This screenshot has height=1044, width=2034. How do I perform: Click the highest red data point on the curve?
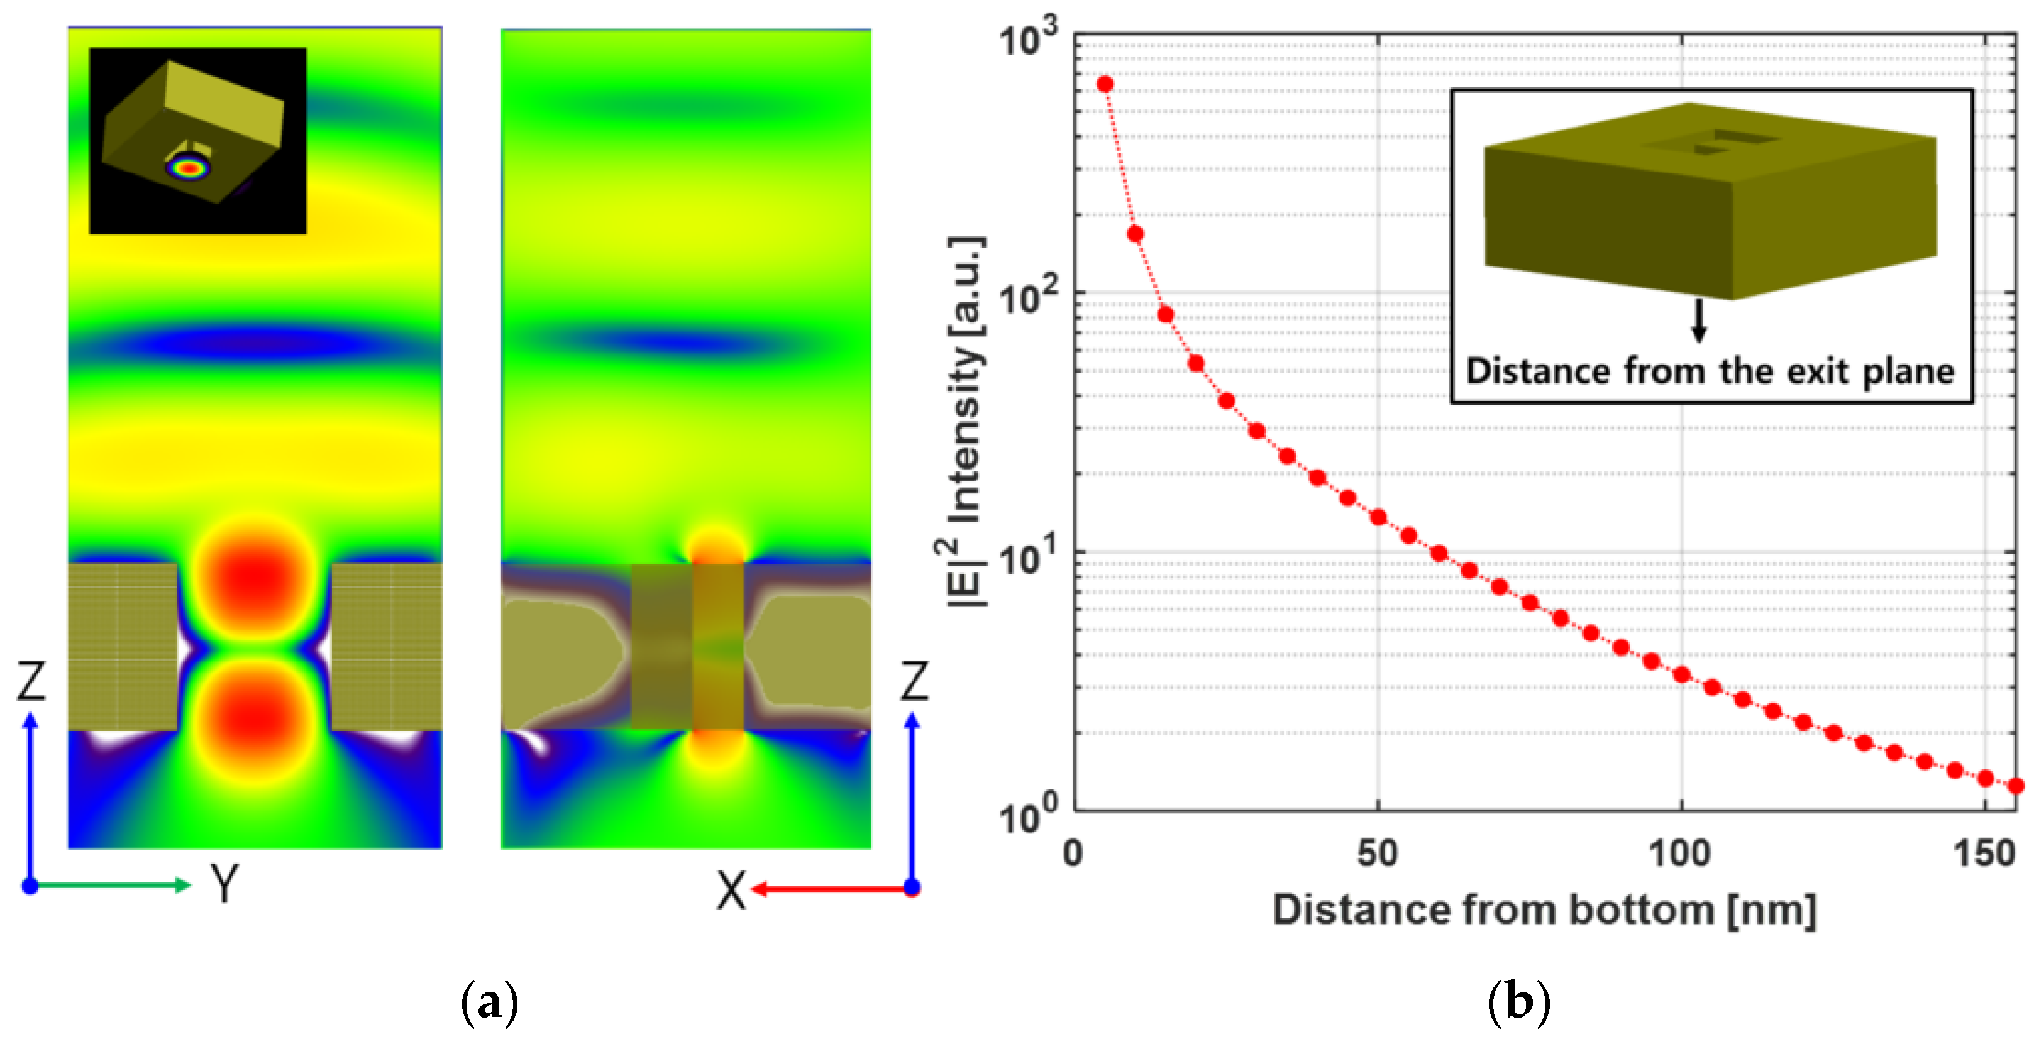point(1105,84)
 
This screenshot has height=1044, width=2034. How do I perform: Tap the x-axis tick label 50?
point(1377,854)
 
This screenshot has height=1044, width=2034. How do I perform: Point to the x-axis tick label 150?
point(1984,854)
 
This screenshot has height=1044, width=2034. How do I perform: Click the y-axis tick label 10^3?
point(1027,38)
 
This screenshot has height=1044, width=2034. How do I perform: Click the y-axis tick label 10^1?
point(1027,557)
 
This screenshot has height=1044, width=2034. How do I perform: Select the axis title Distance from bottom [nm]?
point(1544,910)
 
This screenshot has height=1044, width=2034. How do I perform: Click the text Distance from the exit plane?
point(1710,371)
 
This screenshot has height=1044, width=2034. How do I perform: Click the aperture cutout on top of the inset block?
point(1717,142)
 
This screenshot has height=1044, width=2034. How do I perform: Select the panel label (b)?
point(1518,1002)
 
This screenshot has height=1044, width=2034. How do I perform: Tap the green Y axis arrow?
point(111,886)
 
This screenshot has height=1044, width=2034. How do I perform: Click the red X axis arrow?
point(829,889)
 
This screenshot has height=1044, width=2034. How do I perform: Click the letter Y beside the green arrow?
point(225,884)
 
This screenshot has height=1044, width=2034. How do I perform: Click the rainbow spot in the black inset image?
point(188,167)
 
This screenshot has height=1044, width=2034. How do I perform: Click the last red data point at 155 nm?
point(2015,786)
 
